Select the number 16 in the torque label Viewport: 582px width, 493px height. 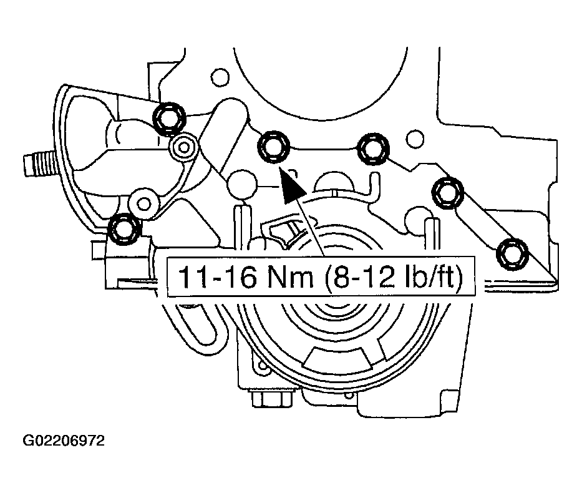point(240,277)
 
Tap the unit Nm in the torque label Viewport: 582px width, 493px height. point(291,277)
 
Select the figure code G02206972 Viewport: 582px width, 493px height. point(64,441)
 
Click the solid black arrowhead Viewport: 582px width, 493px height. point(291,185)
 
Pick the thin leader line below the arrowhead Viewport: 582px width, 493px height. point(311,227)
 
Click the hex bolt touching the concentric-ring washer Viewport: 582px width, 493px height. point(169,118)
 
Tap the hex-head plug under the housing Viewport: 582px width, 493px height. point(271,399)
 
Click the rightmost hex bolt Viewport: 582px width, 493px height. point(512,253)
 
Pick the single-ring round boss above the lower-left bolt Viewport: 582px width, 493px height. point(143,203)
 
